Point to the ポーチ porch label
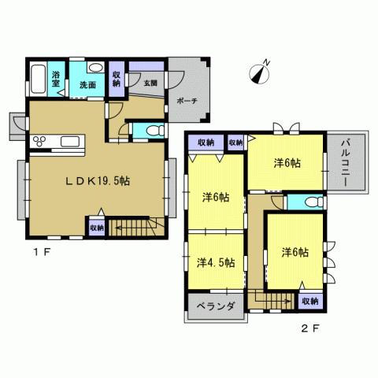[187, 101]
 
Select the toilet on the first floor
[148, 129]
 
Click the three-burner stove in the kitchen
[40, 142]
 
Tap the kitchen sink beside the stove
[69, 142]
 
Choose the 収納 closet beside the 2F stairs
[309, 302]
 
